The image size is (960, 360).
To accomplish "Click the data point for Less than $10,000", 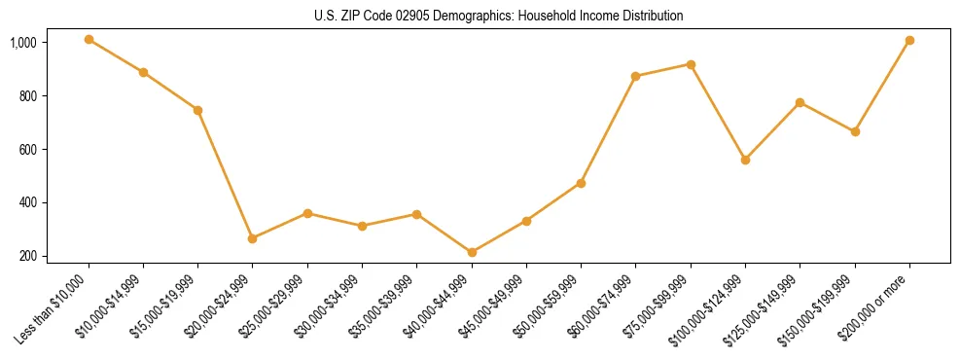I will coord(89,40).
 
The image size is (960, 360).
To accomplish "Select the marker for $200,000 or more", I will coord(909,41).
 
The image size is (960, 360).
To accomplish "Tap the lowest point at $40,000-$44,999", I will coord(472,253).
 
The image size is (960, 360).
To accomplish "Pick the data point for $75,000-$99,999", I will coord(691,64).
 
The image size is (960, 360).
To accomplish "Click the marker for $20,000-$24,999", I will coord(253,238).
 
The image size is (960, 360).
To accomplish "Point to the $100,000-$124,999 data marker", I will coord(745,160).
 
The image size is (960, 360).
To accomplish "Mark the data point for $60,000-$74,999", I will coord(636,76).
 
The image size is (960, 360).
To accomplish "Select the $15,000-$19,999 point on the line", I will coord(198,110).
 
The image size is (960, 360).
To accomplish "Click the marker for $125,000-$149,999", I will coord(800,102).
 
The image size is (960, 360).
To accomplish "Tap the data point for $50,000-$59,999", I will coord(581,183).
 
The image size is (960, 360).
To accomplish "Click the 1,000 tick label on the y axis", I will coord(23,43).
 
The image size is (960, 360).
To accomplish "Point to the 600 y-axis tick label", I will coord(28,150).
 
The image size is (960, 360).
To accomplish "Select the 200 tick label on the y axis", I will coord(28,257).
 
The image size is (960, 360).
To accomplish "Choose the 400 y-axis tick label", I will coord(28,203).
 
